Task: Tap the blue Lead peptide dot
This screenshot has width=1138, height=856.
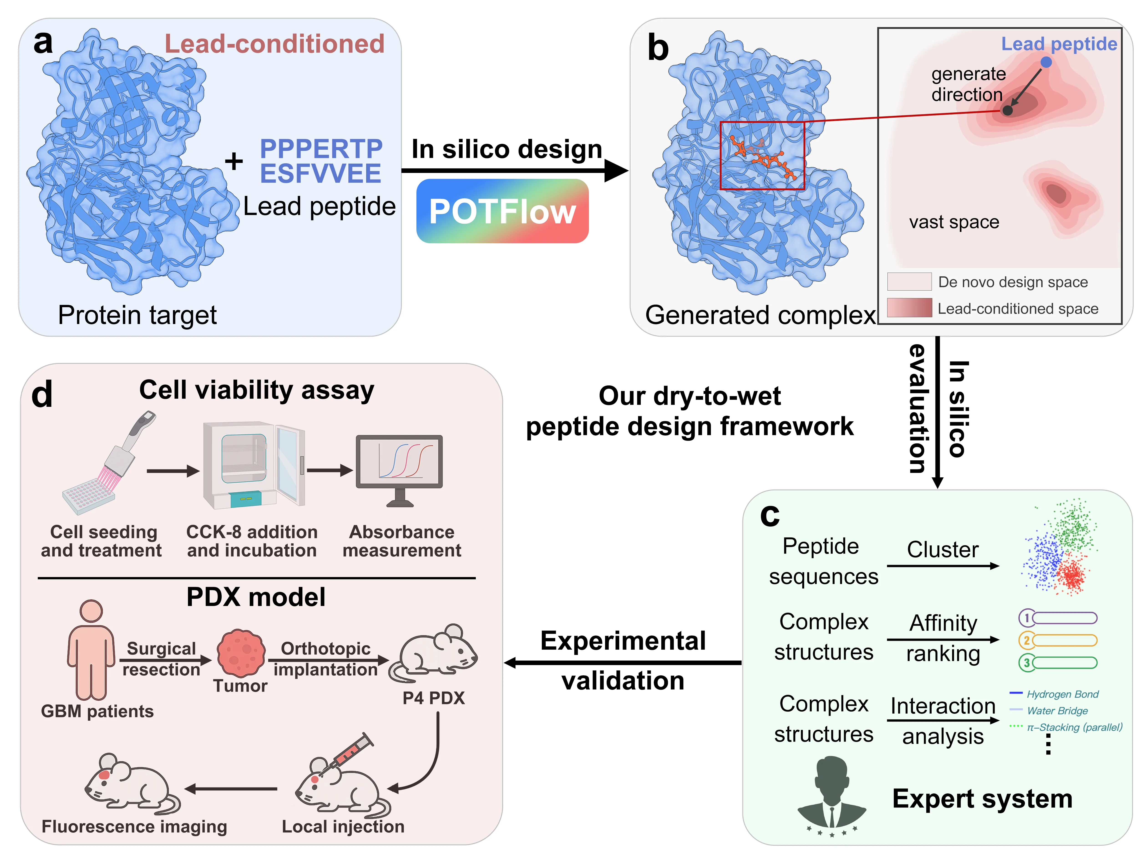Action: point(1046,62)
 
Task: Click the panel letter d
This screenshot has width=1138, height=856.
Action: point(42,395)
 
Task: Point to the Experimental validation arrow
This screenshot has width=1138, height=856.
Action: point(623,663)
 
